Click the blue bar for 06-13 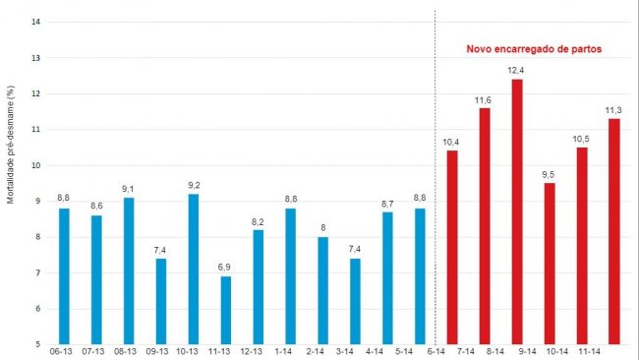coord(64,275)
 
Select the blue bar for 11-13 coord(225,310)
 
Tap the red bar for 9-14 coord(517,211)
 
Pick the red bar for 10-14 coord(549,264)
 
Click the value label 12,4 coord(517,71)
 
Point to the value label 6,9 coord(225,268)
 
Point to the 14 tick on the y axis coord(35,22)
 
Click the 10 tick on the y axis coord(35,165)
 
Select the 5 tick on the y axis coord(37,344)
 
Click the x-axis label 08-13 coord(129,351)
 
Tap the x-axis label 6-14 coord(436,351)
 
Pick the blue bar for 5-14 coord(420,275)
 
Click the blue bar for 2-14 coord(322,290)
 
